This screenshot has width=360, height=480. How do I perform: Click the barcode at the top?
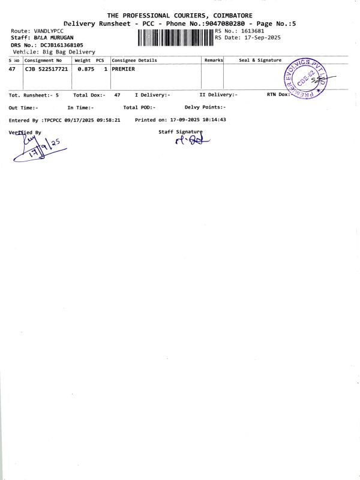175,37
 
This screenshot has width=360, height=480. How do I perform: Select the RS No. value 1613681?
253,31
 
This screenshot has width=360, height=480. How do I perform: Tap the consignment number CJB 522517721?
46,70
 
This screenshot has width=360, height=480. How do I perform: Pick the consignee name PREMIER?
123,70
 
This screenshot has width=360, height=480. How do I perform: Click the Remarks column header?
214,61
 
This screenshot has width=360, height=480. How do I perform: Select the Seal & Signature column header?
260,61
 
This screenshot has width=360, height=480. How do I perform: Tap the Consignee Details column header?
134,61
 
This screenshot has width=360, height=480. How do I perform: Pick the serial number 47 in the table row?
13,70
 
